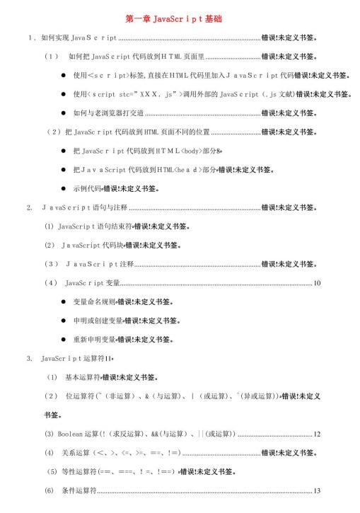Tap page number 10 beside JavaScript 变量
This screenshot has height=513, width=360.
pos(318,283)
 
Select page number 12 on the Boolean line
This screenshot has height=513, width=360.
pos(318,434)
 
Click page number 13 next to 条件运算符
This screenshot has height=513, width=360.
pos(318,490)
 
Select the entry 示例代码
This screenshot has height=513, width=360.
pos(88,189)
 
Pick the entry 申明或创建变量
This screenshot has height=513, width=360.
pos(98,321)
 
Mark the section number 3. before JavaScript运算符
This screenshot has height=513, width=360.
pos(29,359)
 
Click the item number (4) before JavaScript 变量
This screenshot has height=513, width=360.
pos(50,283)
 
